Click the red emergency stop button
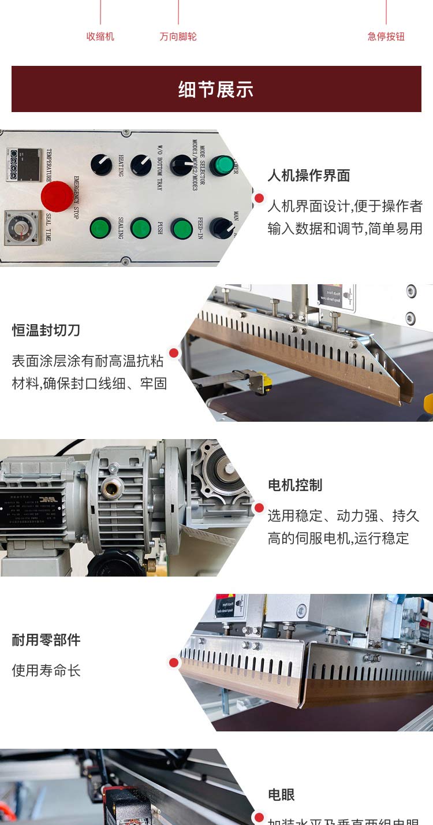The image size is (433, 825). click(x=57, y=196)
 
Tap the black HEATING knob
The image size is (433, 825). click(x=102, y=165)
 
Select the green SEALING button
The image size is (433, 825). click(x=100, y=228)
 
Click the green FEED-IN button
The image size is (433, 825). click(x=181, y=229)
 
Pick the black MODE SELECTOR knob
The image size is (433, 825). click(x=181, y=165)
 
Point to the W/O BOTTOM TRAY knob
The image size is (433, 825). click(x=141, y=165)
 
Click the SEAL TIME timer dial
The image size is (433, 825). click(x=21, y=228)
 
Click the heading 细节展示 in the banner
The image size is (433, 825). click(x=216, y=90)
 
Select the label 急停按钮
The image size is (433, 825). click(x=386, y=36)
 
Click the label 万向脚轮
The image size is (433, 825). click(x=178, y=36)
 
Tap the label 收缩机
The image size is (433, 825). click(x=100, y=36)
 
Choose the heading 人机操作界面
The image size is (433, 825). click(x=309, y=176)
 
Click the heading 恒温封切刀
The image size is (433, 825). click(x=46, y=330)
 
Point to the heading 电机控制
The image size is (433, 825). click(x=295, y=485)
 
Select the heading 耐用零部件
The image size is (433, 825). click(x=46, y=640)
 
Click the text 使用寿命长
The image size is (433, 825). click(x=46, y=671)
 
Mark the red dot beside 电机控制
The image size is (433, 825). click(x=259, y=508)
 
